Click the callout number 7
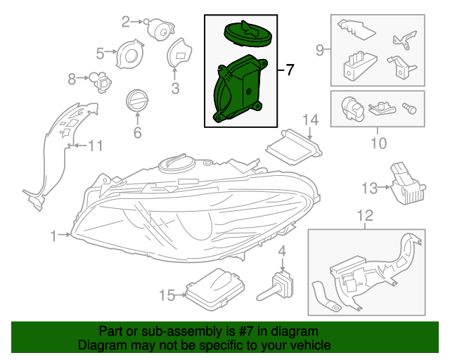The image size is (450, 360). pos(290,70)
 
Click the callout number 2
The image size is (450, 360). pos(127,22)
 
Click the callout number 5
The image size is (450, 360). pos(100,53)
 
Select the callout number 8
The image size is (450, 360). pos(72,80)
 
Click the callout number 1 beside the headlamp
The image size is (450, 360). pos(54,237)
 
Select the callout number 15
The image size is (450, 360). pos(168,296)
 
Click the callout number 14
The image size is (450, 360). pos(311,122)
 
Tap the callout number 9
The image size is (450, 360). pos(319,50)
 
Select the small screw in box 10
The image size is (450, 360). pos(408,107)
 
